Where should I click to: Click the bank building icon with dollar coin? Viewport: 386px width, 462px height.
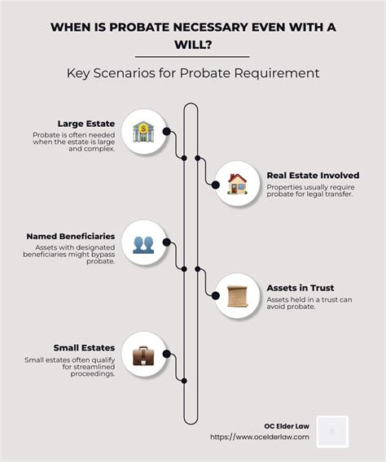click(143, 132)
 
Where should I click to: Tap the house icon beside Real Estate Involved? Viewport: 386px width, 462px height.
click(237, 184)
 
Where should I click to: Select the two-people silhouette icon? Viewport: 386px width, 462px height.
click(143, 245)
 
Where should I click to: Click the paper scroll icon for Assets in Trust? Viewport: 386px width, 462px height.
click(237, 296)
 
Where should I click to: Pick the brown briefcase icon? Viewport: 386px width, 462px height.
click(143, 356)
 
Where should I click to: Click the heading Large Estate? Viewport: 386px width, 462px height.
click(86, 124)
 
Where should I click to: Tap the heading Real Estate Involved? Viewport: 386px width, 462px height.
click(313, 176)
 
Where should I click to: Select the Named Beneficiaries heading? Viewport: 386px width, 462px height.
click(71, 237)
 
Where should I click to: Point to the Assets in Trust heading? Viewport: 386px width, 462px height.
click(300, 288)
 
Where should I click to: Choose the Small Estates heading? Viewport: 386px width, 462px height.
click(84, 347)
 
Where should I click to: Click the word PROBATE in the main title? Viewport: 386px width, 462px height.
click(139, 28)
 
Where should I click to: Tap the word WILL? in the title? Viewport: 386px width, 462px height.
click(193, 45)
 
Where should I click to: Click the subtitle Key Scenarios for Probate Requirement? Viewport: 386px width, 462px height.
click(193, 73)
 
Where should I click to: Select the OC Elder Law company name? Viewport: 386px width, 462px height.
click(287, 426)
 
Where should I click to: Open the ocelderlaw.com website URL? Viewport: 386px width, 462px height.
click(260, 437)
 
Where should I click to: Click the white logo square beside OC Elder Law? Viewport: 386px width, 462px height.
click(332, 432)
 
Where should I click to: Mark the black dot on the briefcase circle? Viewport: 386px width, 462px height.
click(167, 354)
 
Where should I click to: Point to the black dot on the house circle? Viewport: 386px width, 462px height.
click(216, 185)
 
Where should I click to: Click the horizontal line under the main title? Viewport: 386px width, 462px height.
click(192, 57)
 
